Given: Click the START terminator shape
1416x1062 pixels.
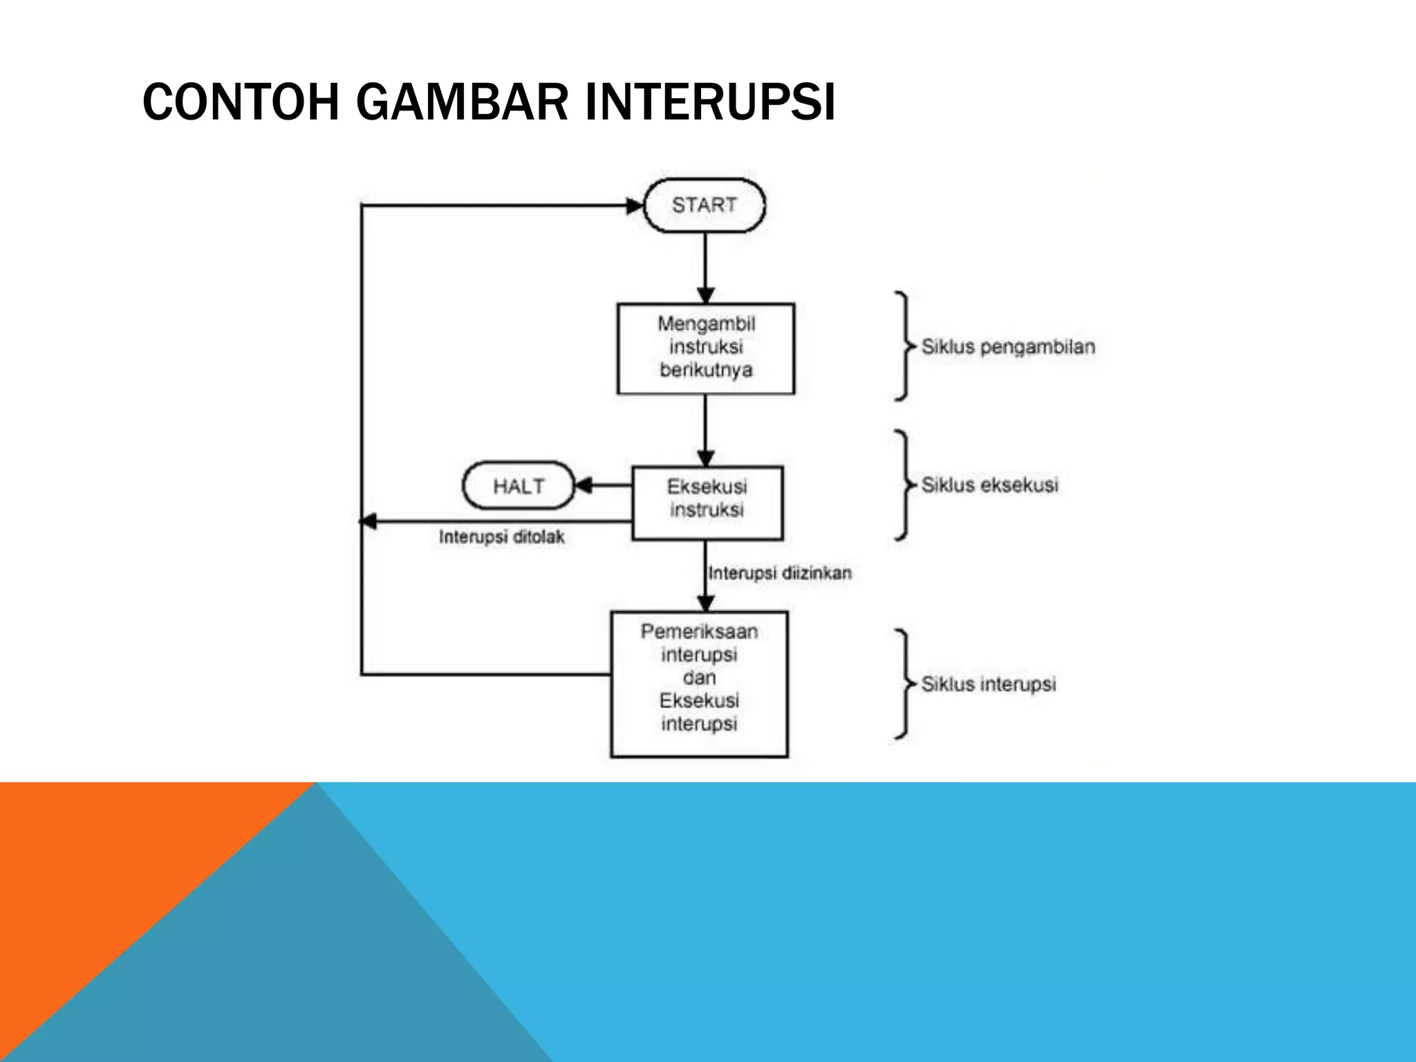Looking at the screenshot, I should [x=704, y=205].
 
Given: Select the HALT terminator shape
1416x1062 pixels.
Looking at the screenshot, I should [x=519, y=486].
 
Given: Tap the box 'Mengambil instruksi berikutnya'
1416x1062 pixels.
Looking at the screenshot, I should [x=705, y=348].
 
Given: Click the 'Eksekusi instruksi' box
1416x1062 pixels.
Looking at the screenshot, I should [x=707, y=503].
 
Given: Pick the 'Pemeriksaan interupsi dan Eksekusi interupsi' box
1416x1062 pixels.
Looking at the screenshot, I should [x=699, y=684].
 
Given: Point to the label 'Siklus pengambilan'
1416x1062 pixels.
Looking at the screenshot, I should [x=1008, y=346].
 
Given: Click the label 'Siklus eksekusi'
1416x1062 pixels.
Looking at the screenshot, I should [x=989, y=485].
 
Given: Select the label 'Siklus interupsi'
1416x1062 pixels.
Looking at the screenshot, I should [x=988, y=684].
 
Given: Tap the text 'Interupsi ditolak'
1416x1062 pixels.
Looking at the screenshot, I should [x=501, y=537].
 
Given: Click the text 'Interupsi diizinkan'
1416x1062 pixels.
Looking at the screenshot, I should [x=780, y=572].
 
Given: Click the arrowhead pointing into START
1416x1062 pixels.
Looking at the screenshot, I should [x=634, y=205].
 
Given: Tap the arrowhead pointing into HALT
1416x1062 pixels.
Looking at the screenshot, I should [x=584, y=485].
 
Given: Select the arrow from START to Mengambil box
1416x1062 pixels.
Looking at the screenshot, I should [x=705, y=266].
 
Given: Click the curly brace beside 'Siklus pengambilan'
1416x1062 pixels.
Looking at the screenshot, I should [x=902, y=346].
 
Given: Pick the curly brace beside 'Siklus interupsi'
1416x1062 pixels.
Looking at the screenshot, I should [x=902, y=684].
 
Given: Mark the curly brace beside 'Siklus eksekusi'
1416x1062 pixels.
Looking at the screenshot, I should [x=902, y=485].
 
